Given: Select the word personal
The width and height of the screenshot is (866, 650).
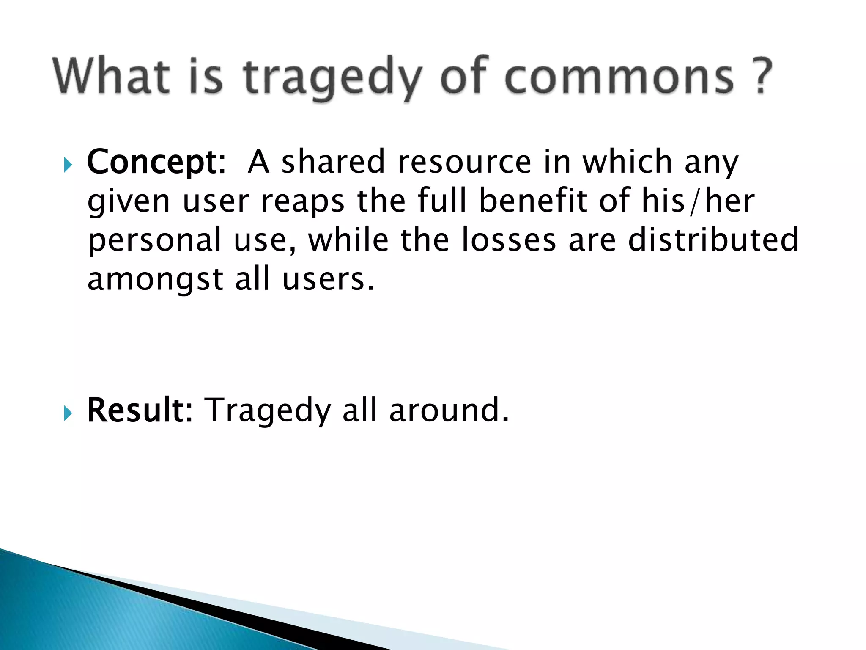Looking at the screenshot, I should coord(154,240).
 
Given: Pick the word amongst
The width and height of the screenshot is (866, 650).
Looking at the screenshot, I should coord(155,279).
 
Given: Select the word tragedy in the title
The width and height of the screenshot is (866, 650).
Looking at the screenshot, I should coord(332,77).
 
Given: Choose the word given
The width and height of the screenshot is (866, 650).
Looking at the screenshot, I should coord(129,201).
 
